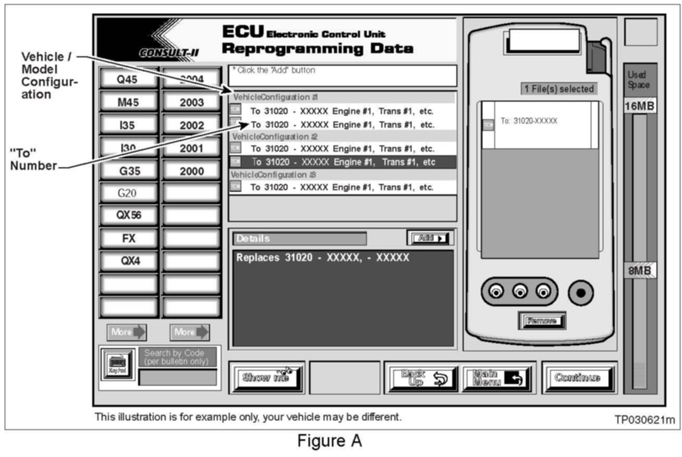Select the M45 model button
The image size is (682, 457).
coord(128,102)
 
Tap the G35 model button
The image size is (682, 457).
coord(128,171)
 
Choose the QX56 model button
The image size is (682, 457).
coord(128,215)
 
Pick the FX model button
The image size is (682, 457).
coord(128,238)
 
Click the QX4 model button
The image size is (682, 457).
coord(128,261)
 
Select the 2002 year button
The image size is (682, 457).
coord(191,125)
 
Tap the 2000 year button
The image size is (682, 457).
coord(191,171)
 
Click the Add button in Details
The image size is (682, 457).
coord(430,238)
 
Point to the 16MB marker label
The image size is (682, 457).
coord(640,107)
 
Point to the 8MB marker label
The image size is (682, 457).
coord(640,270)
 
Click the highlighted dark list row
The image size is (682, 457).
coord(343,162)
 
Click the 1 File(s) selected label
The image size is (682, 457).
coord(559,89)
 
